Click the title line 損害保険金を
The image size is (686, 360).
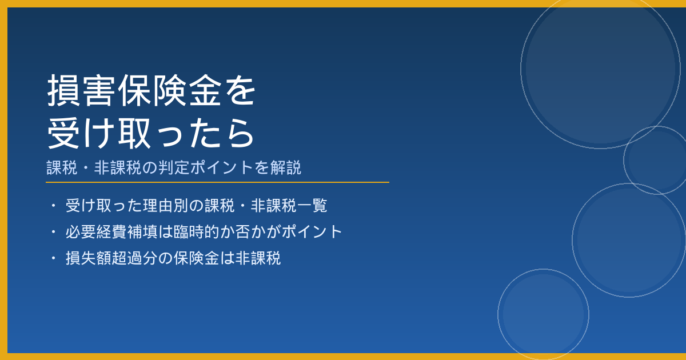pyautogui.click(x=151, y=91)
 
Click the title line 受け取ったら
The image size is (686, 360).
pyautogui.click(x=151, y=134)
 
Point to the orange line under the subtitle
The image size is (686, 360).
pyautogui.click(x=217, y=182)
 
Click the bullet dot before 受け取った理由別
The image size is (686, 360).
pyautogui.click(x=53, y=205)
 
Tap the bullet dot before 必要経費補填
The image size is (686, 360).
pyautogui.click(x=53, y=232)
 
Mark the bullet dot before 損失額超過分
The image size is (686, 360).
pyautogui.click(x=53, y=258)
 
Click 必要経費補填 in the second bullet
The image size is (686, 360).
pyautogui.click(x=112, y=232)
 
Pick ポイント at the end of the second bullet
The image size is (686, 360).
pyautogui.click(x=312, y=232)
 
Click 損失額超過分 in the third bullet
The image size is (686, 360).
pyautogui.click(x=112, y=258)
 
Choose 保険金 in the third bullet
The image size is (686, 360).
pyautogui.click(x=197, y=258)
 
